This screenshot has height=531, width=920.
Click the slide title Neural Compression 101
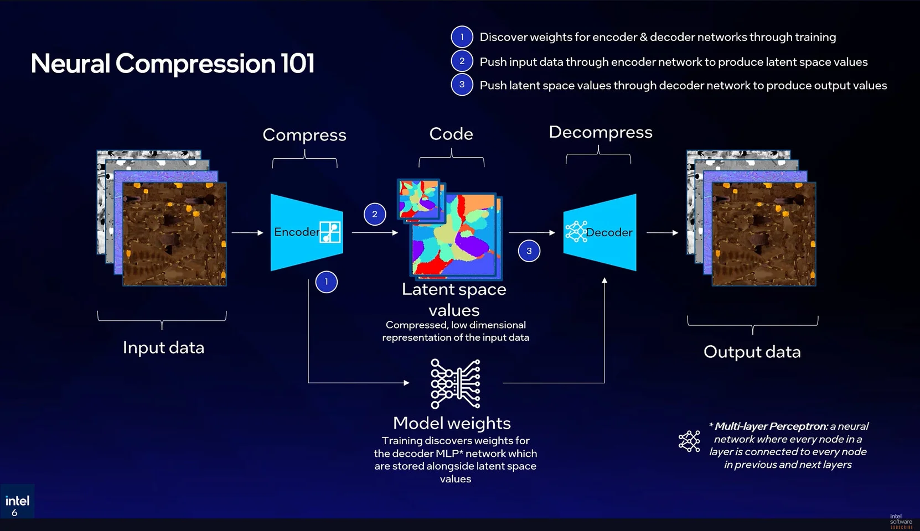(x=173, y=64)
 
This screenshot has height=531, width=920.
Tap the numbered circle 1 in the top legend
(x=462, y=37)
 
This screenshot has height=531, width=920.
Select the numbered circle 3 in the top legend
(x=462, y=85)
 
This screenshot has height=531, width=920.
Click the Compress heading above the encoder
(x=304, y=135)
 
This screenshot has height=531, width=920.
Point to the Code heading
(x=451, y=134)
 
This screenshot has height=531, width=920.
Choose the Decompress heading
(x=600, y=132)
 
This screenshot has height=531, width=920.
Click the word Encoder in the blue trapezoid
(x=296, y=232)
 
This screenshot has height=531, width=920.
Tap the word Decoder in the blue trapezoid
(x=609, y=232)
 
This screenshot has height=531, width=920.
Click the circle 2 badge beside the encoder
(x=375, y=214)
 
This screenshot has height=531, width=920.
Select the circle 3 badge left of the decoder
(x=529, y=251)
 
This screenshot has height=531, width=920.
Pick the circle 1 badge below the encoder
(x=326, y=282)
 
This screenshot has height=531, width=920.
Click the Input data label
(x=163, y=348)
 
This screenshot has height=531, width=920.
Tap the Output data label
(x=752, y=352)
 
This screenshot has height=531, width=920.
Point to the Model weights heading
(x=452, y=423)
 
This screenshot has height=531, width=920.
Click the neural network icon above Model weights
(x=455, y=383)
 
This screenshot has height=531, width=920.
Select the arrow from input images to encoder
(x=247, y=233)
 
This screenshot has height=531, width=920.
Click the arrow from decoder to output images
(x=662, y=233)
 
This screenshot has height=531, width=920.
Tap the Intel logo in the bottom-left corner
(x=17, y=501)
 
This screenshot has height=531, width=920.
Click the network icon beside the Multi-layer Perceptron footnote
(x=689, y=441)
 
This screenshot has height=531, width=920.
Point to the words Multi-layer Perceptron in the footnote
(x=771, y=426)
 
